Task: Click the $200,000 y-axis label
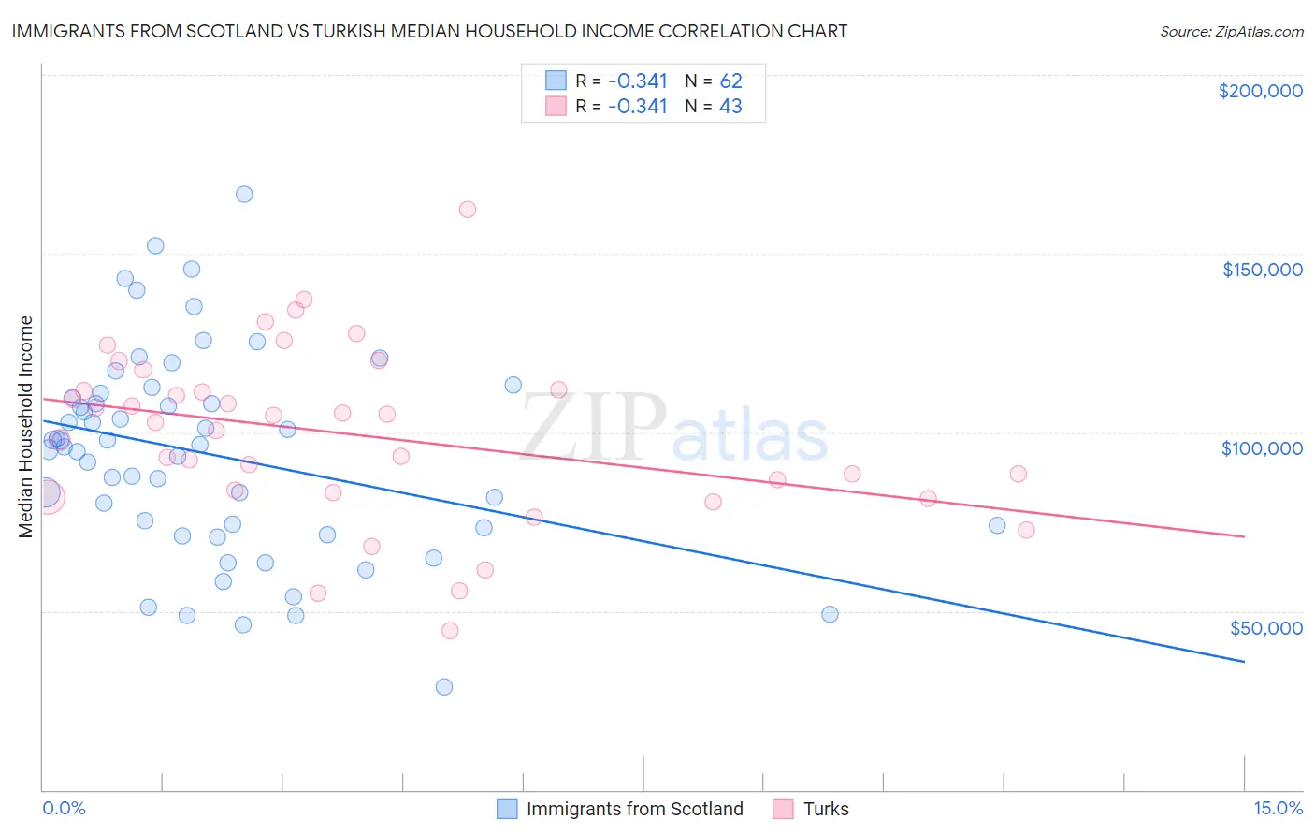pyautogui.click(x=1260, y=91)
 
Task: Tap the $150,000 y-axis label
pyautogui.click(x=1262, y=270)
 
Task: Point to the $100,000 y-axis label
pyautogui.click(x=1262, y=448)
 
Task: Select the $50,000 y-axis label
pyautogui.click(x=1265, y=628)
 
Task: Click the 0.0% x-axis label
pyautogui.click(x=64, y=808)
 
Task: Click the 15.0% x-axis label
pyautogui.click(x=1278, y=808)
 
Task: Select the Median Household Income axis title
pyautogui.click(x=26, y=426)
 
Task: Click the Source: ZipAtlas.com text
pyautogui.click(x=1231, y=32)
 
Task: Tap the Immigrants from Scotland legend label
pyautogui.click(x=634, y=809)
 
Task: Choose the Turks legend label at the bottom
pyautogui.click(x=826, y=809)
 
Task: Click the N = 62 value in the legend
pyautogui.click(x=713, y=81)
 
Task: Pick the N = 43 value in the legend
pyautogui.click(x=713, y=106)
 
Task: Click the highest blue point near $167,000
pyautogui.click(x=244, y=195)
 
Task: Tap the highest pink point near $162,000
pyautogui.click(x=468, y=210)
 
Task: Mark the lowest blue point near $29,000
pyautogui.click(x=444, y=687)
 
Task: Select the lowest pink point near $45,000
pyautogui.click(x=450, y=631)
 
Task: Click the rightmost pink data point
pyautogui.click(x=1026, y=530)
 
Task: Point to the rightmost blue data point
pyautogui.click(x=997, y=525)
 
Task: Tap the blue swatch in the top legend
pyautogui.click(x=556, y=81)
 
